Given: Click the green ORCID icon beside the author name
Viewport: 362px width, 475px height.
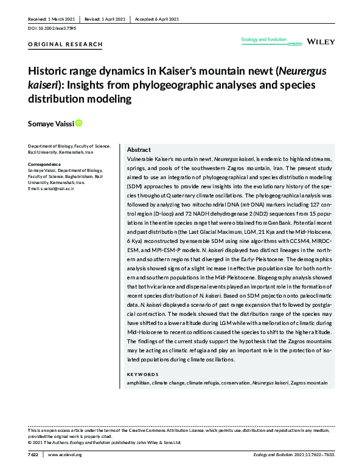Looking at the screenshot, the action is click(78, 123).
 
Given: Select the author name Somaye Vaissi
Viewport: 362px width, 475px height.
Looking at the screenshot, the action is click(49, 124).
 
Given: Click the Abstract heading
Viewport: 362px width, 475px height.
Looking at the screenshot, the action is click(139, 149).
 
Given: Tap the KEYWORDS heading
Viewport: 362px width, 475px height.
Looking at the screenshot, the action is click(142, 374).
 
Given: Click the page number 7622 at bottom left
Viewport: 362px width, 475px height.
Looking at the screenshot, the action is click(33, 454).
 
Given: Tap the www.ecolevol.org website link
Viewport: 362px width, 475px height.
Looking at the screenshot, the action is click(64, 454).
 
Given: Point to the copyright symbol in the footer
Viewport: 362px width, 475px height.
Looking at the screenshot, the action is click(30, 442).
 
